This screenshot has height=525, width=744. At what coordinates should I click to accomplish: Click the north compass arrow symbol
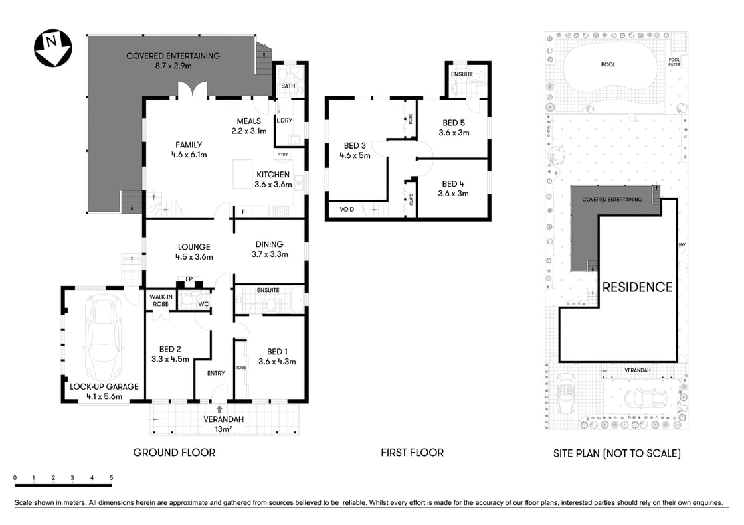52,48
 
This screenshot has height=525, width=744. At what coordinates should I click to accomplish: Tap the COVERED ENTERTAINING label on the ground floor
173,56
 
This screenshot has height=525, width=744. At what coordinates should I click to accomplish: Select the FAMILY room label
189,145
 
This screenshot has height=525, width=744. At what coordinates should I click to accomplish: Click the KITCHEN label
273,175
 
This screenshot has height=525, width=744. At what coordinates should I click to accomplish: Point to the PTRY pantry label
283,155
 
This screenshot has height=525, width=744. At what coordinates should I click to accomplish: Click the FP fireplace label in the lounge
189,279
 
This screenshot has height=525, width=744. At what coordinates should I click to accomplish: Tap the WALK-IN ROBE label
161,300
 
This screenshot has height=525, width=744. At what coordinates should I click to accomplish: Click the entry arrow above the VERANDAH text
219,410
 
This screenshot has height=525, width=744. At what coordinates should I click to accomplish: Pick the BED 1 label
277,351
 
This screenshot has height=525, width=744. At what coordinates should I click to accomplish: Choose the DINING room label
270,244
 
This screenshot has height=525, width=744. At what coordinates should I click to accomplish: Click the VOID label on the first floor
347,209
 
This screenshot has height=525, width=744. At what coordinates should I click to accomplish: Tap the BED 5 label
454,123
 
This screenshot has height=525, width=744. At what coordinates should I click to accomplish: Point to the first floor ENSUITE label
462,74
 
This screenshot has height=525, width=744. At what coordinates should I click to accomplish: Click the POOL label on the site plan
608,64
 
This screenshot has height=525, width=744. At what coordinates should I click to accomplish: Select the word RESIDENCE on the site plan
637,287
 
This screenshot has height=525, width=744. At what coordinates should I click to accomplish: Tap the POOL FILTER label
674,62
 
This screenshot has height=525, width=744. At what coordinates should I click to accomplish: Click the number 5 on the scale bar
111,478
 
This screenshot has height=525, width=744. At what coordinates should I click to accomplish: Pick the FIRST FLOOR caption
412,453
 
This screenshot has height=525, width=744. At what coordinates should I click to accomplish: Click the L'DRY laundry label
284,120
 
